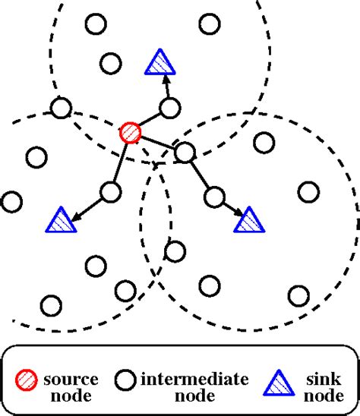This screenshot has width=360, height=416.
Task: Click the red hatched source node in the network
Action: (130, 133)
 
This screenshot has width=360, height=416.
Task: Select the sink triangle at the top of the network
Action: (159, 64)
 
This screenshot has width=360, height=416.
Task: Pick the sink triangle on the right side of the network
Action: (248, 220)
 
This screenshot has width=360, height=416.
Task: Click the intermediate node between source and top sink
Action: (170, 108)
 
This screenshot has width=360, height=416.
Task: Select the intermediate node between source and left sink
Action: (111, 191)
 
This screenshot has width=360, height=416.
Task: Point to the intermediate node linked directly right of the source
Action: (185, 153)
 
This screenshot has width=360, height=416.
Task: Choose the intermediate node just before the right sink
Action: (216, 197)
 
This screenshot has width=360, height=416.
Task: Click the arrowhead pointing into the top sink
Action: (163, 80)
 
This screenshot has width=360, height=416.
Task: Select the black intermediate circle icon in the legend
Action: (125, 380)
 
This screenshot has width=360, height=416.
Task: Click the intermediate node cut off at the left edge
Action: (10, 202)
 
